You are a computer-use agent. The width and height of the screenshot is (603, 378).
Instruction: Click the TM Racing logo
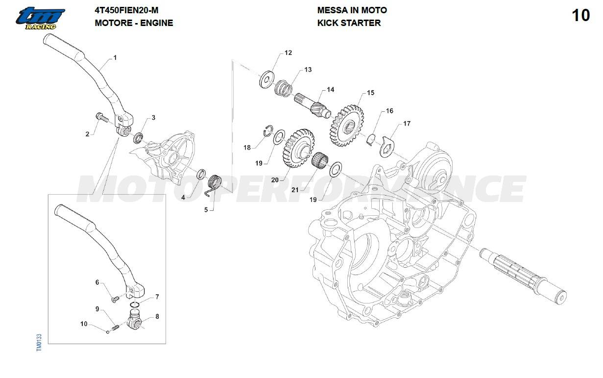(40, 18)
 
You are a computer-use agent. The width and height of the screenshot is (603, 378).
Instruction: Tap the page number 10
(580, 15)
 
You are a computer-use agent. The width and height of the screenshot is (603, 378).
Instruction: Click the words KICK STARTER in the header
(349, 23)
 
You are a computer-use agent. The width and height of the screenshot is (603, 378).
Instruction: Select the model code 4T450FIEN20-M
(126, 10)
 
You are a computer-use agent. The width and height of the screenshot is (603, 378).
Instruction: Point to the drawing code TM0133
(39, 342)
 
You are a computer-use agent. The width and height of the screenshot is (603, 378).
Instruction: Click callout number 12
(288, 53)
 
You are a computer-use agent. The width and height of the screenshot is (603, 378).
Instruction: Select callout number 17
(407, 124)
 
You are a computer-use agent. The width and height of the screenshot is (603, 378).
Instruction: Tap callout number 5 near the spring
(206, 210)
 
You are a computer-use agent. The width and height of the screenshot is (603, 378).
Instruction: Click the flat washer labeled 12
(266, 79)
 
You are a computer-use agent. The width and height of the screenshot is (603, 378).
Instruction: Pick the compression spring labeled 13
(283, 88)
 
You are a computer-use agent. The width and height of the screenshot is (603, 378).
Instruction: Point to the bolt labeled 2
(102, 117)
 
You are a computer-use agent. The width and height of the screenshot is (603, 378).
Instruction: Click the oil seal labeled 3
(138, 137)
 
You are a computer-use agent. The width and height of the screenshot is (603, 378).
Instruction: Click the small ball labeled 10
(108, 331)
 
